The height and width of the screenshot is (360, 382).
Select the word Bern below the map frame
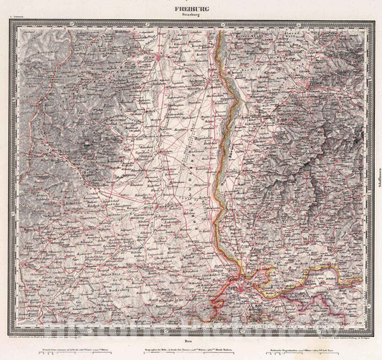(x=191, y=334)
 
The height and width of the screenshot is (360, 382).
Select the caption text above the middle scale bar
(x=191, y=343)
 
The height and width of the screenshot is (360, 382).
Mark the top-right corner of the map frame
(x=370, y=20)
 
